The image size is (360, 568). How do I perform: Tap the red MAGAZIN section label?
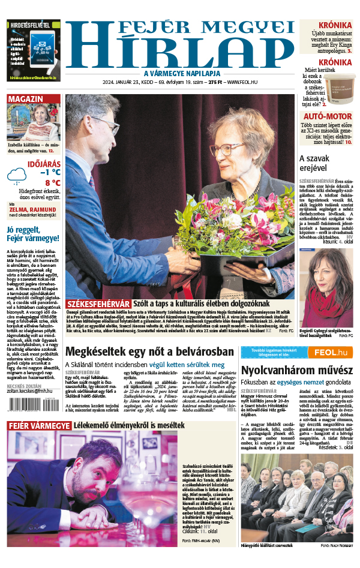click(25, 99)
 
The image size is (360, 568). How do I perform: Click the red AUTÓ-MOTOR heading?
click(327, 116)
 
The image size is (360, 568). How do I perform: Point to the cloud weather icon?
click(16, 176)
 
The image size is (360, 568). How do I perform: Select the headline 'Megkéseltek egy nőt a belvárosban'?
click(149, 351)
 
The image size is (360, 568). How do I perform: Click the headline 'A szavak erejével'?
click(313, 163)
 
